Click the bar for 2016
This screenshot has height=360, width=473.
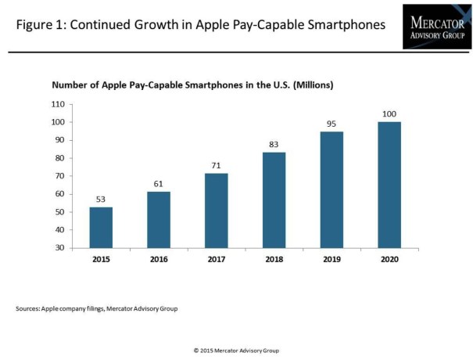pos(158,220)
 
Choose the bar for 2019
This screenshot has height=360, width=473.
pos(331,189)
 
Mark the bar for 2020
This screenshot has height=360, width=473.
pos(389,185)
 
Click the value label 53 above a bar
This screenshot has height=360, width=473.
pos(101,199)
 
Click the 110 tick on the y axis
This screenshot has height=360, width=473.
pos(56,104)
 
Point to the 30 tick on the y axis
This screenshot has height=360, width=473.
pos(59,248)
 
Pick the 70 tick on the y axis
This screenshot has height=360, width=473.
pos(59,176)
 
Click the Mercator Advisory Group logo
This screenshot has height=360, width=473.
pos(436,26)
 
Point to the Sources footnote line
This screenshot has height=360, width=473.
pos(97,309)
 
